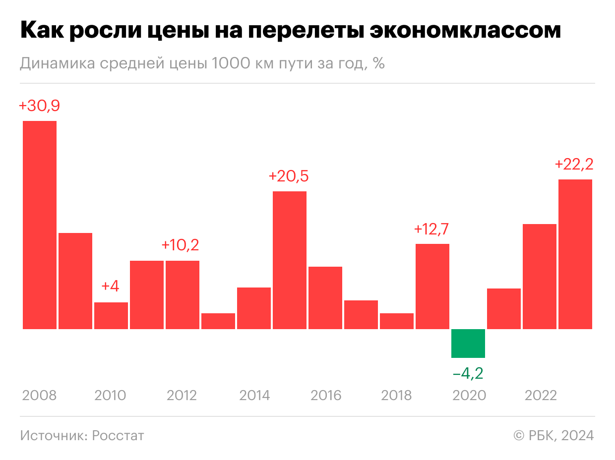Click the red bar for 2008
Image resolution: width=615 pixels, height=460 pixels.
pos(40,225)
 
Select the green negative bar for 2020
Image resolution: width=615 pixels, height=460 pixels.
pos(468,343)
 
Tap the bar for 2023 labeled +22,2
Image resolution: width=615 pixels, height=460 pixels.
pos(575,254)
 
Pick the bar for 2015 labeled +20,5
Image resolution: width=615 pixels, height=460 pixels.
pos(290,260)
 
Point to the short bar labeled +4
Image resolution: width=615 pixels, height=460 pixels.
pos(111,315)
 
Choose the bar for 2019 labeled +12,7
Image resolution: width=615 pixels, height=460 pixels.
pos(432,286)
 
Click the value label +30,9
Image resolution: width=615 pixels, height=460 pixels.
pos(39,106)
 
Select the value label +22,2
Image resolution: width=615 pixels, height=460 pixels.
pos(574,164)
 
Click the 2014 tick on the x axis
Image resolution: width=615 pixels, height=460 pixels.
pos(254,396)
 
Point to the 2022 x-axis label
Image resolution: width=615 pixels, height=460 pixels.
pos(541,396)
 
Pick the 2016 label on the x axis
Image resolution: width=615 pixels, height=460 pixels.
pos(326,396)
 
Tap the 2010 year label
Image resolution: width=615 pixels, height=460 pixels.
pos(110,396)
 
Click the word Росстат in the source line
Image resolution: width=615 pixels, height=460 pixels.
pos(118,435)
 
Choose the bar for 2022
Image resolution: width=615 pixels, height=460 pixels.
pos(539,276)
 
